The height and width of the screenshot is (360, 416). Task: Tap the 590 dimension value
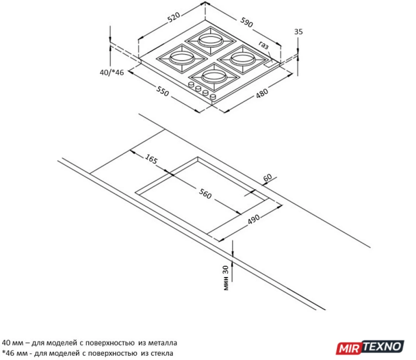click(x=247, y=22)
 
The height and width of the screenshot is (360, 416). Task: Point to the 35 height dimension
click(x=298, y=31)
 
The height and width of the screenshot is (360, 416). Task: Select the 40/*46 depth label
click(x=112, y=72)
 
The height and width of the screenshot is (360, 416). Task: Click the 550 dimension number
click(x=162, y=91)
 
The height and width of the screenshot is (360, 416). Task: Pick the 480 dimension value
click(x=262, y=93)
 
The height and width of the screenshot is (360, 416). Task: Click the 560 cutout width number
click(x=205, y=193)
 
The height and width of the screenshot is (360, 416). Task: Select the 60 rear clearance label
click(x=267, y=177)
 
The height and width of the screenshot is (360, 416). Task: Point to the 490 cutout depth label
click(x=254, y=219)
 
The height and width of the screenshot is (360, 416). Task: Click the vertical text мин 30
click(x=225, y=278)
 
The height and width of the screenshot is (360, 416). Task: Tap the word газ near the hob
click(x=264, y=45)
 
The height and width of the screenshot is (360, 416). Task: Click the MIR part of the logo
click(x=349, y=348)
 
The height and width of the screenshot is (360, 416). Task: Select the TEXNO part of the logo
click(x=383, y=346)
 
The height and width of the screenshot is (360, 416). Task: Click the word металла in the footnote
click(x=162, y=343)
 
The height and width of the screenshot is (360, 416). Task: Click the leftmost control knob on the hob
click(x=191, y=85)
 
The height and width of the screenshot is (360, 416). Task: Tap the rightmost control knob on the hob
click(x=213, y=97)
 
